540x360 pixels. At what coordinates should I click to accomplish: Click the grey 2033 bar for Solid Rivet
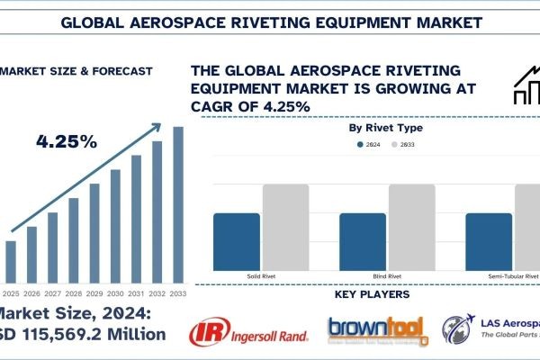point(285,224)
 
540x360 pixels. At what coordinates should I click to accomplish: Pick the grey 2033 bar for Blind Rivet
point(411,224)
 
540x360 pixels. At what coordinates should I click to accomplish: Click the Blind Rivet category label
point(388,274)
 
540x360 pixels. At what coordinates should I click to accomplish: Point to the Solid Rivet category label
point(261,274)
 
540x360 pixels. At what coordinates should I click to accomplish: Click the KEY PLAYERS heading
point(378,294)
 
